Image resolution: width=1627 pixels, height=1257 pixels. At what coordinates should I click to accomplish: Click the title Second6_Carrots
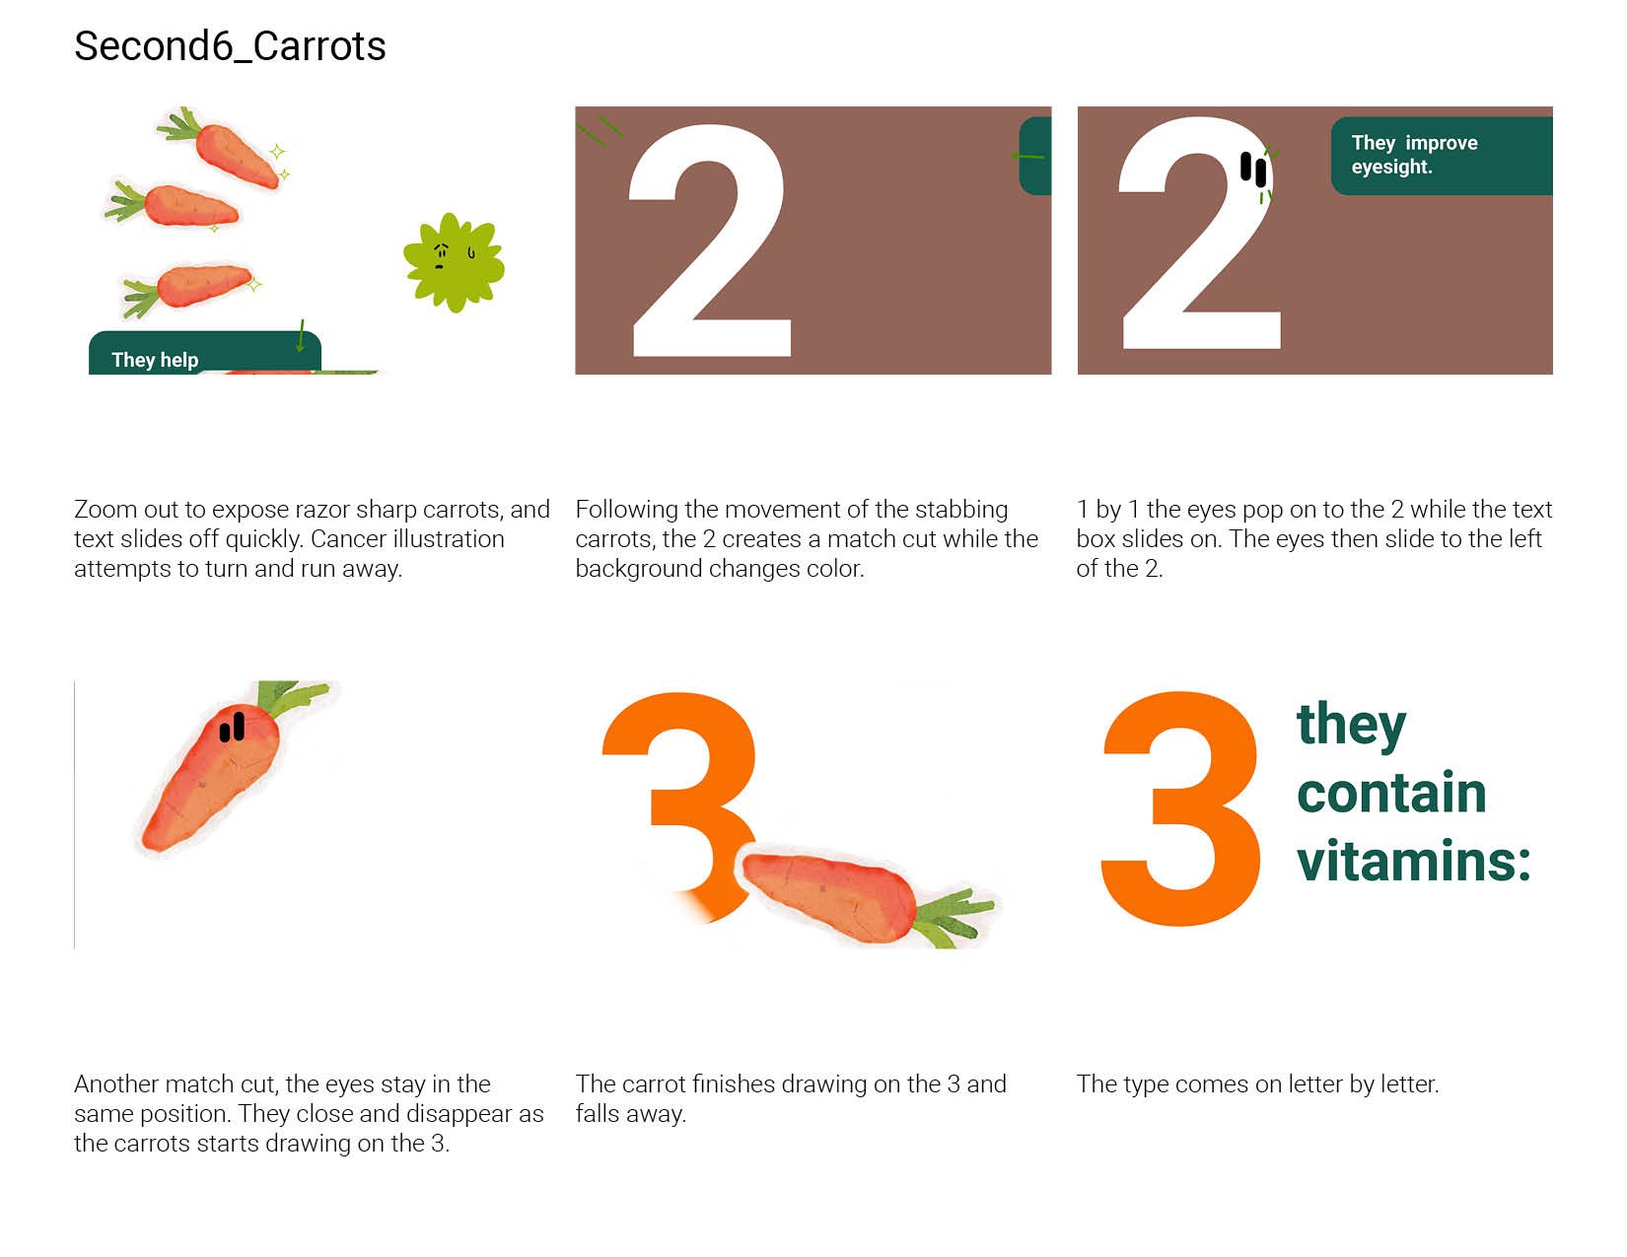(230, 46)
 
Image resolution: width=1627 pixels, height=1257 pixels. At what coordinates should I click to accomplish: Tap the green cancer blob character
(454, 261)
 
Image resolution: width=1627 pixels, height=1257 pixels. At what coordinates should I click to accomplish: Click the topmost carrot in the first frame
(225, 148)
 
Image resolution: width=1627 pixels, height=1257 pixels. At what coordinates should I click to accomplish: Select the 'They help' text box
(204, 353)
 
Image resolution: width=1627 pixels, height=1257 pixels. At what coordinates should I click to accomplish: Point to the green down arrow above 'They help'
(301, 335)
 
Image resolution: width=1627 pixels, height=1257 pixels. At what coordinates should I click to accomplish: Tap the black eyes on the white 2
(1252, 170)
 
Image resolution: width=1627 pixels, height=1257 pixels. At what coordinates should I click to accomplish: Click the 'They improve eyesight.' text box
(1442, 156)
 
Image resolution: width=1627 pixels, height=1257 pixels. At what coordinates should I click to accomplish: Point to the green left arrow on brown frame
(1027, 157)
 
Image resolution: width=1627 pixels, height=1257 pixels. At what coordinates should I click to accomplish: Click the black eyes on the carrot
(232, 727)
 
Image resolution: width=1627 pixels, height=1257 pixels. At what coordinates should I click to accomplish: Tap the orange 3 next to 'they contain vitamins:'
(1180, 808)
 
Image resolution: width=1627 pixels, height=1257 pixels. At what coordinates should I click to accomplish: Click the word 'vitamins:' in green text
(1414, 861)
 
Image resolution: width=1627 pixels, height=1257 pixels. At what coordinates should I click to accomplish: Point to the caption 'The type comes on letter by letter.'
(1258, 1084)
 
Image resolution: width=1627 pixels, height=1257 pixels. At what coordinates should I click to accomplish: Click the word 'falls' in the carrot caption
(597, 1114)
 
